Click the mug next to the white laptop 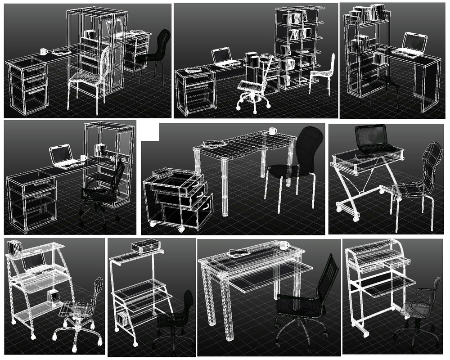pyautogui.click(x=83, y=158)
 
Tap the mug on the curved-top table pyautogui.click(x=273, y=131)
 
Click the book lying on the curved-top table pyautogui.click(x=214, y=144)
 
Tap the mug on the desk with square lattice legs pyautogui.click(x=284, y=245)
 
